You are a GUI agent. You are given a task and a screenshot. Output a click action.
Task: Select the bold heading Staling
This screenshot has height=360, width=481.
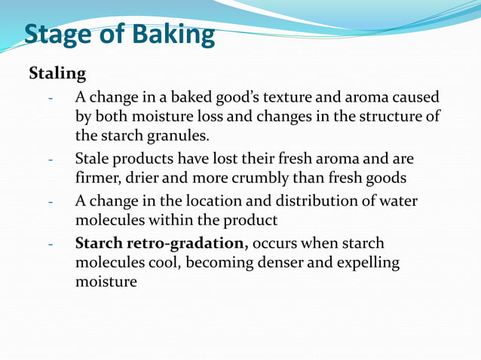[57, 74]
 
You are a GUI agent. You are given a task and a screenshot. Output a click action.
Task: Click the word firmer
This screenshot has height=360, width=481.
[98, 179]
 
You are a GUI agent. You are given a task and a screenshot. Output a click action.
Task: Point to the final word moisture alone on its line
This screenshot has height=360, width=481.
[106, 283]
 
